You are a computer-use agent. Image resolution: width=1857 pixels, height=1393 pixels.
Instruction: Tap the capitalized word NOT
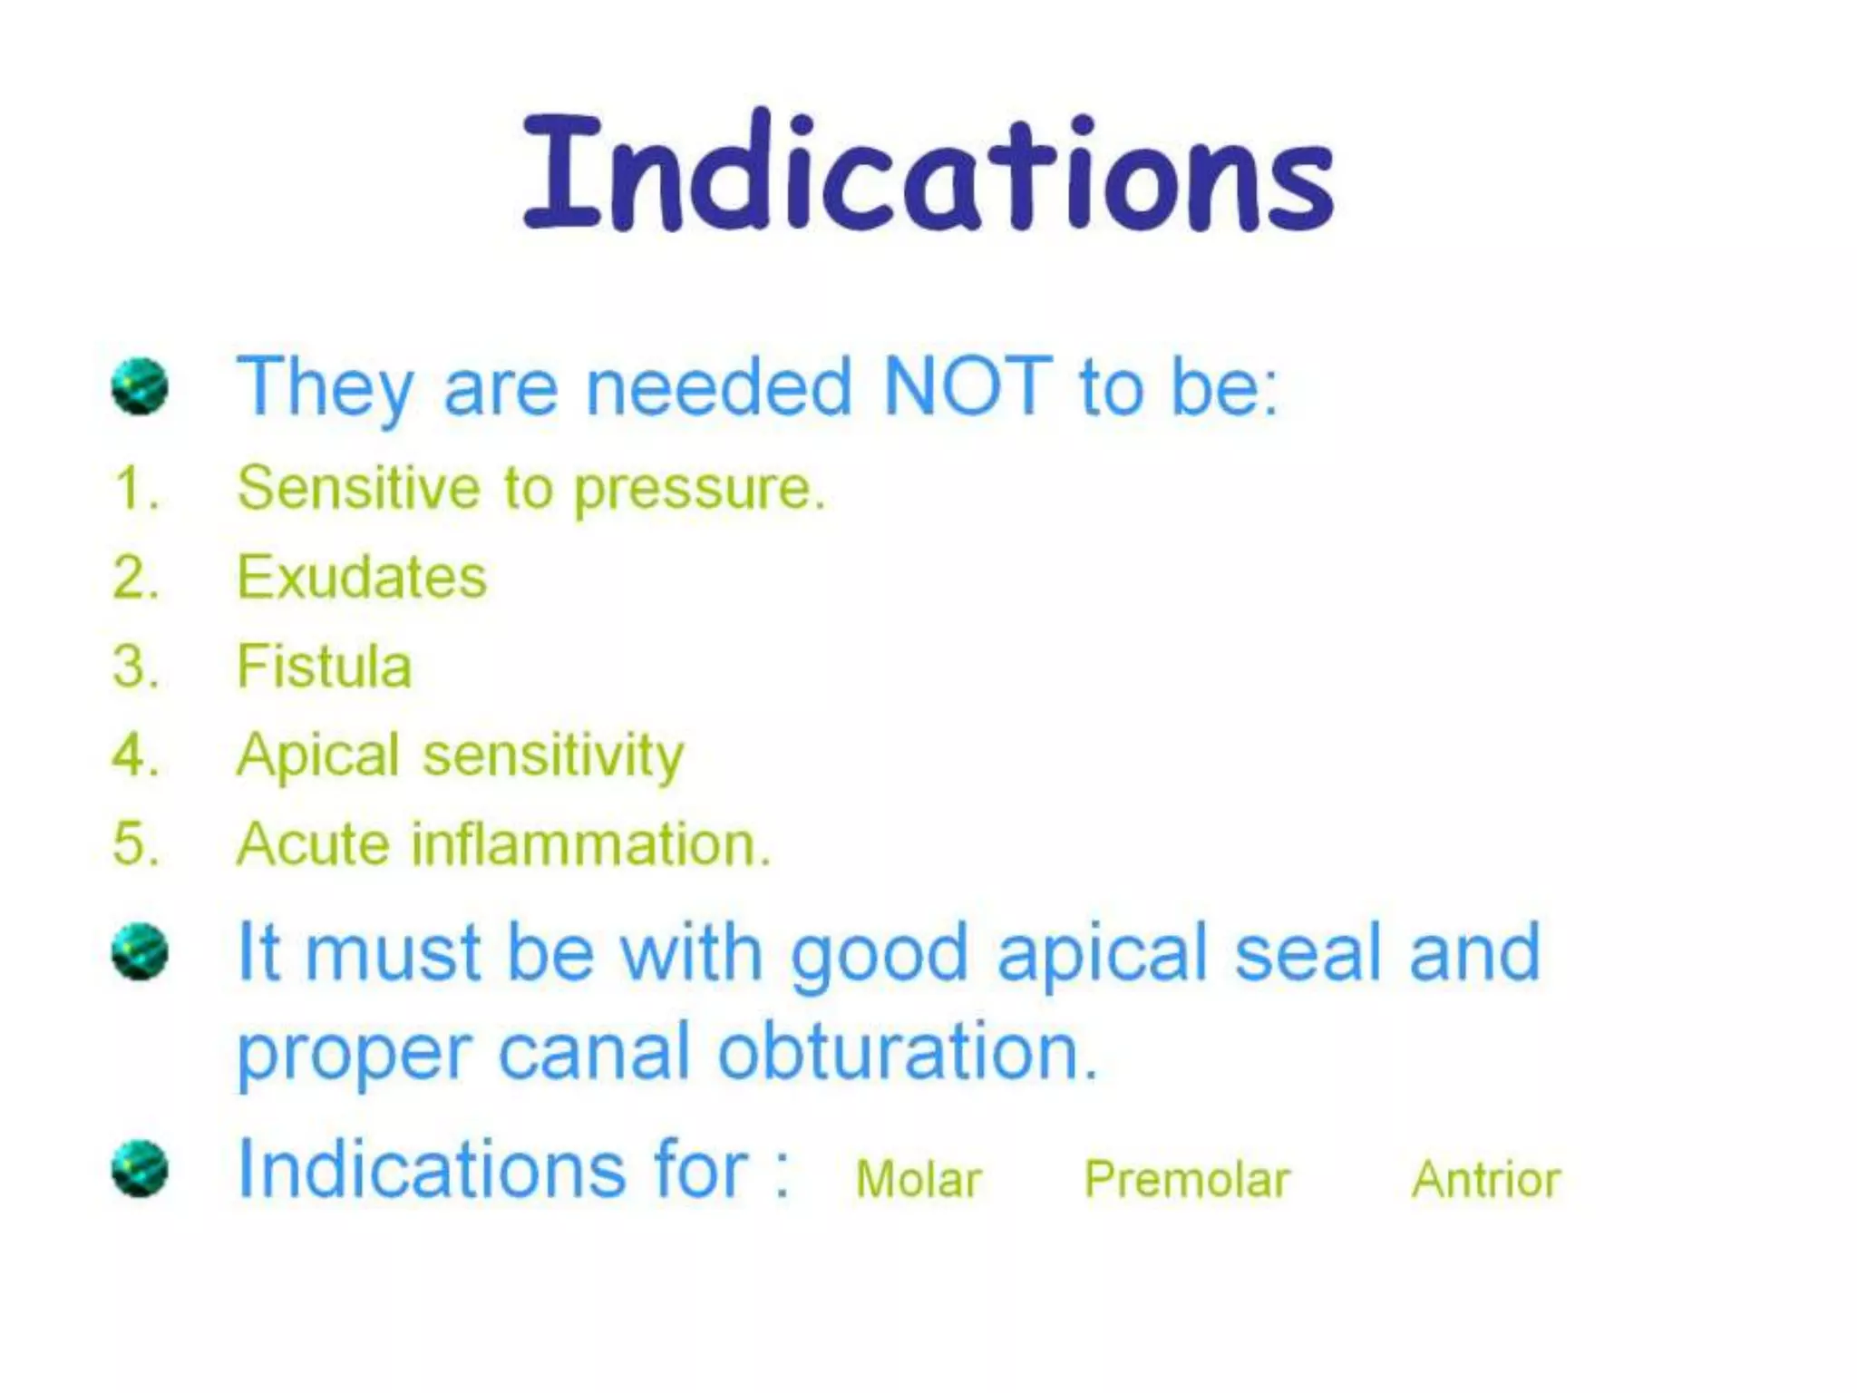[967, 386]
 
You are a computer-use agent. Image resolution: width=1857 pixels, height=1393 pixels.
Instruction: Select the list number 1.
[135, 489]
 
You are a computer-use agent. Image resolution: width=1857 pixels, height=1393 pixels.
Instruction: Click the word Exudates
[362, 577]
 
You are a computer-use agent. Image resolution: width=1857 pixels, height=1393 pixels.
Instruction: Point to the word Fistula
[324, 666]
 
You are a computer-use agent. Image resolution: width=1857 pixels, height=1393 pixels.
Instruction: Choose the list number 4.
[135, 755]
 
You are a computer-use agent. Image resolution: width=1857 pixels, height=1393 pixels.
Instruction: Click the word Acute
[313, 844]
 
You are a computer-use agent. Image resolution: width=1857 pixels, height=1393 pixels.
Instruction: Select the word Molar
[919, 1180]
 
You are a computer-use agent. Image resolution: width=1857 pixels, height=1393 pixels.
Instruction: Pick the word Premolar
[1187, 1180]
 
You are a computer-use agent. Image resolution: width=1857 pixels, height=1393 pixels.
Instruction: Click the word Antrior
[1485, 1180]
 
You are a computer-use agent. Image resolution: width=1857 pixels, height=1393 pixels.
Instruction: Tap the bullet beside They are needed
[140, 386]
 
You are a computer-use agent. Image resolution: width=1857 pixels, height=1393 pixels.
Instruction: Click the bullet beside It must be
[140, 951]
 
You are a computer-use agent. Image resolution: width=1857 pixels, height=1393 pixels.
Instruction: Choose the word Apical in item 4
[317, 755]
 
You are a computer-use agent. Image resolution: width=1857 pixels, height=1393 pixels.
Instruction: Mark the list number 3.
[135, 667]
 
